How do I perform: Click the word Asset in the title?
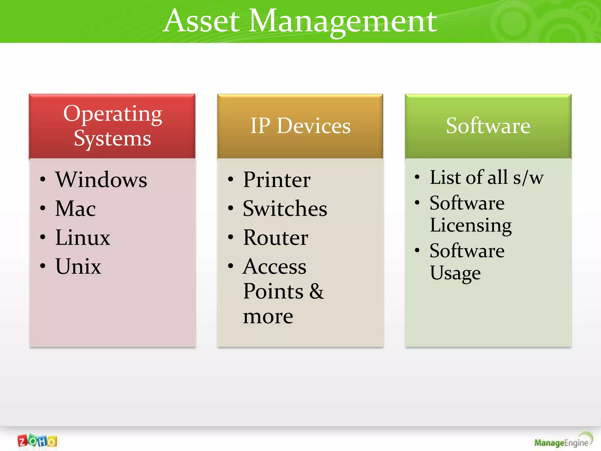201,21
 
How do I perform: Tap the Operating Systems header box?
112,126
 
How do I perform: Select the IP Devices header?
300,126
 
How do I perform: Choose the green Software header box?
488,126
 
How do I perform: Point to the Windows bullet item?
101,179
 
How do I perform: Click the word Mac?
75,208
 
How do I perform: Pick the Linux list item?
83,237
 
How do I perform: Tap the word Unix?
78,266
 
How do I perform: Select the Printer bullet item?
277,179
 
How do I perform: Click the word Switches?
285,208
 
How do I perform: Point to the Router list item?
276,237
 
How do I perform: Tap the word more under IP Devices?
268,317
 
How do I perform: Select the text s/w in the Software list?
528,178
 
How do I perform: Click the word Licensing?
471,225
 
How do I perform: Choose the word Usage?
455,273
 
